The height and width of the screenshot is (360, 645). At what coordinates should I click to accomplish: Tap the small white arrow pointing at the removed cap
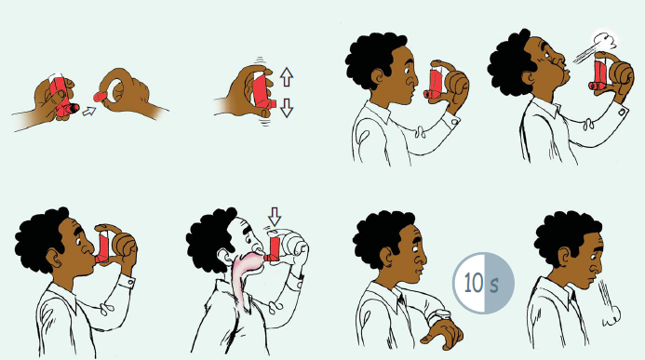click(x=88, y=111)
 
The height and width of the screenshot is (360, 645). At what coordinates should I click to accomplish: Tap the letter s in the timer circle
click(x=494, y=282)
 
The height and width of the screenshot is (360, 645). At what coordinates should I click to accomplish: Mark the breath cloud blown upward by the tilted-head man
click(x=602, y=41)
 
